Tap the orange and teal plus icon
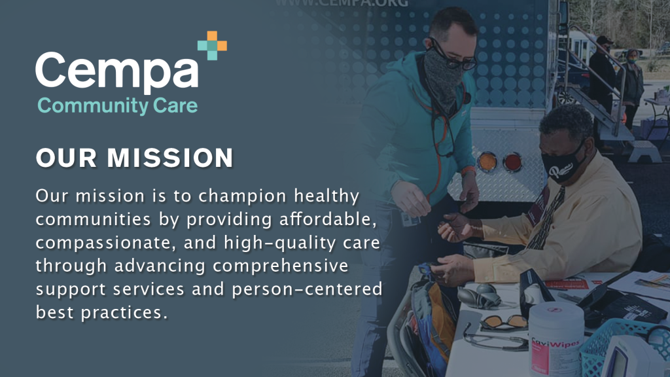[x=212, y=45]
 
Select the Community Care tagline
[x=117, y=105]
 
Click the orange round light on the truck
[x=487, y=160]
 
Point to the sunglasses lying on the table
[x=503, y=322]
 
